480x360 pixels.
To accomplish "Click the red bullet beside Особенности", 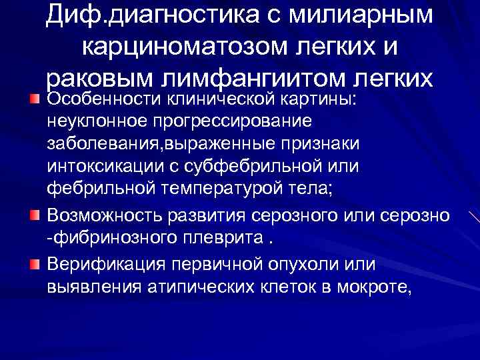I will [x=35, y=99].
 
